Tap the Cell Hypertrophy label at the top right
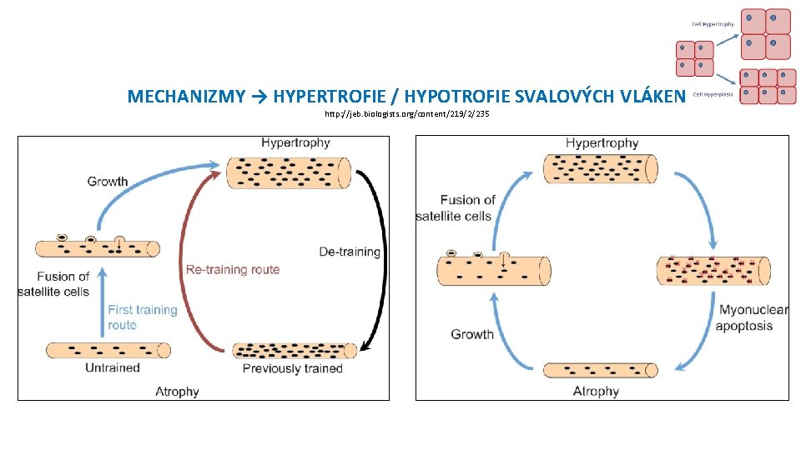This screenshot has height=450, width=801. (713, 24)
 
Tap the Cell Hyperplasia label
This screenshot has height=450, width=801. (713, 94)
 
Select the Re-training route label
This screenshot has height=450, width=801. (233, 269)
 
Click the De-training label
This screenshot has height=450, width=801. (350, 252)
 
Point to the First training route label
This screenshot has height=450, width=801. (143, 317)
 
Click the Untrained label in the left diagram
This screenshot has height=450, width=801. (113, 367)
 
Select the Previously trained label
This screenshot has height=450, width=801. (293, 368)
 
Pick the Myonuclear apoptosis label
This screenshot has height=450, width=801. (751, 318)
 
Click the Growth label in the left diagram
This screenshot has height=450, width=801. (108, 181)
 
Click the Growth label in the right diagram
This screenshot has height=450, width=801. (472, 334)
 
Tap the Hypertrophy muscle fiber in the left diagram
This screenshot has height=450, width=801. (290, 172)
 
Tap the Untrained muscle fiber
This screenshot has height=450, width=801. (108, 350)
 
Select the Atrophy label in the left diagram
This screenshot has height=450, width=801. (178, 391)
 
